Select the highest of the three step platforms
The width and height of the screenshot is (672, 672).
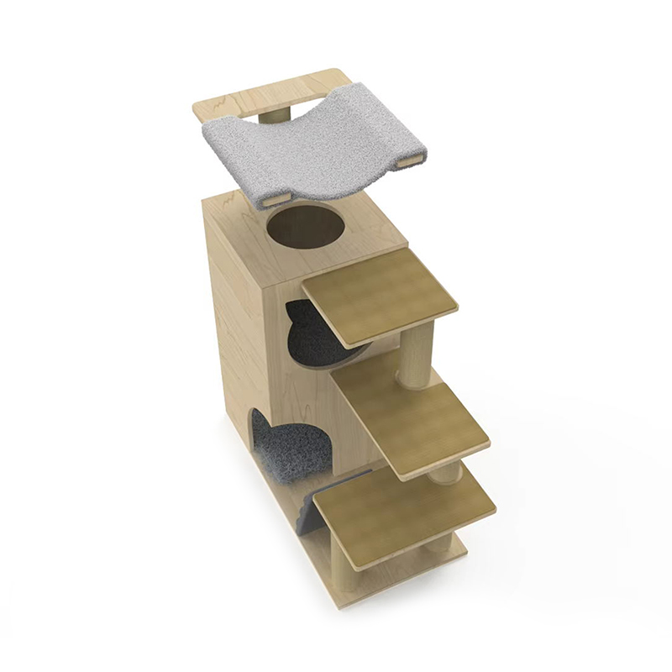[x=381, y=296]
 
